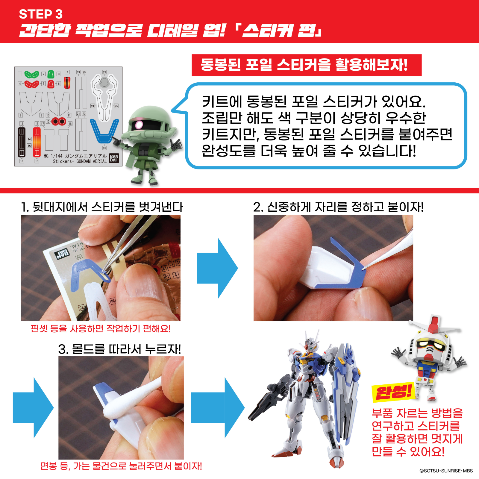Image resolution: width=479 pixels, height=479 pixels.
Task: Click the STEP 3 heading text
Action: coord(41,14)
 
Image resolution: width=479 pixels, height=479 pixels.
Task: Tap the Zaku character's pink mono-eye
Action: coord(139,124)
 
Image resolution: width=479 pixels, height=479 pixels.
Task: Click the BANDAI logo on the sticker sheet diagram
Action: coord(114,158)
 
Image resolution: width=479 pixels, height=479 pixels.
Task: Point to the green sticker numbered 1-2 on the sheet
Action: coord(31,74)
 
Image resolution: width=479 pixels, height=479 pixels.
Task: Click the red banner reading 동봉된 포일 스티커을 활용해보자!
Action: coord(307,65)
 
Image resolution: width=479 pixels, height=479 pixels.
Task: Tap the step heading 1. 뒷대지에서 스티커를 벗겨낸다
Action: coord(102,207)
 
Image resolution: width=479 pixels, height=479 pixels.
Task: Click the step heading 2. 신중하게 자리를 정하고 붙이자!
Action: coord(338,207)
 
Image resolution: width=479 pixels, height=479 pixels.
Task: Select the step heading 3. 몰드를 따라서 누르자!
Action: coord(120,349)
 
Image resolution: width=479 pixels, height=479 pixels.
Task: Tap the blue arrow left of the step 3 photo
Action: coord(33,408)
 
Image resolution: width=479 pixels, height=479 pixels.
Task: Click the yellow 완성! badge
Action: coord(393,392)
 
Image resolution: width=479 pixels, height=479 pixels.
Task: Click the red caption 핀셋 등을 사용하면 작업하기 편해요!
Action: coord(101,328)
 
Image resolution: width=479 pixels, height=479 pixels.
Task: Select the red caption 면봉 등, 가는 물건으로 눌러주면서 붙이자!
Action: coord(121,466)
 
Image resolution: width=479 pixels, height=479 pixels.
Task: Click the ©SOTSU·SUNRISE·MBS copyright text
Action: coord(446,471)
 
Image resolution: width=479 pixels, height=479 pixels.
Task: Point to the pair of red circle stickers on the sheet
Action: coord(59,122)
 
